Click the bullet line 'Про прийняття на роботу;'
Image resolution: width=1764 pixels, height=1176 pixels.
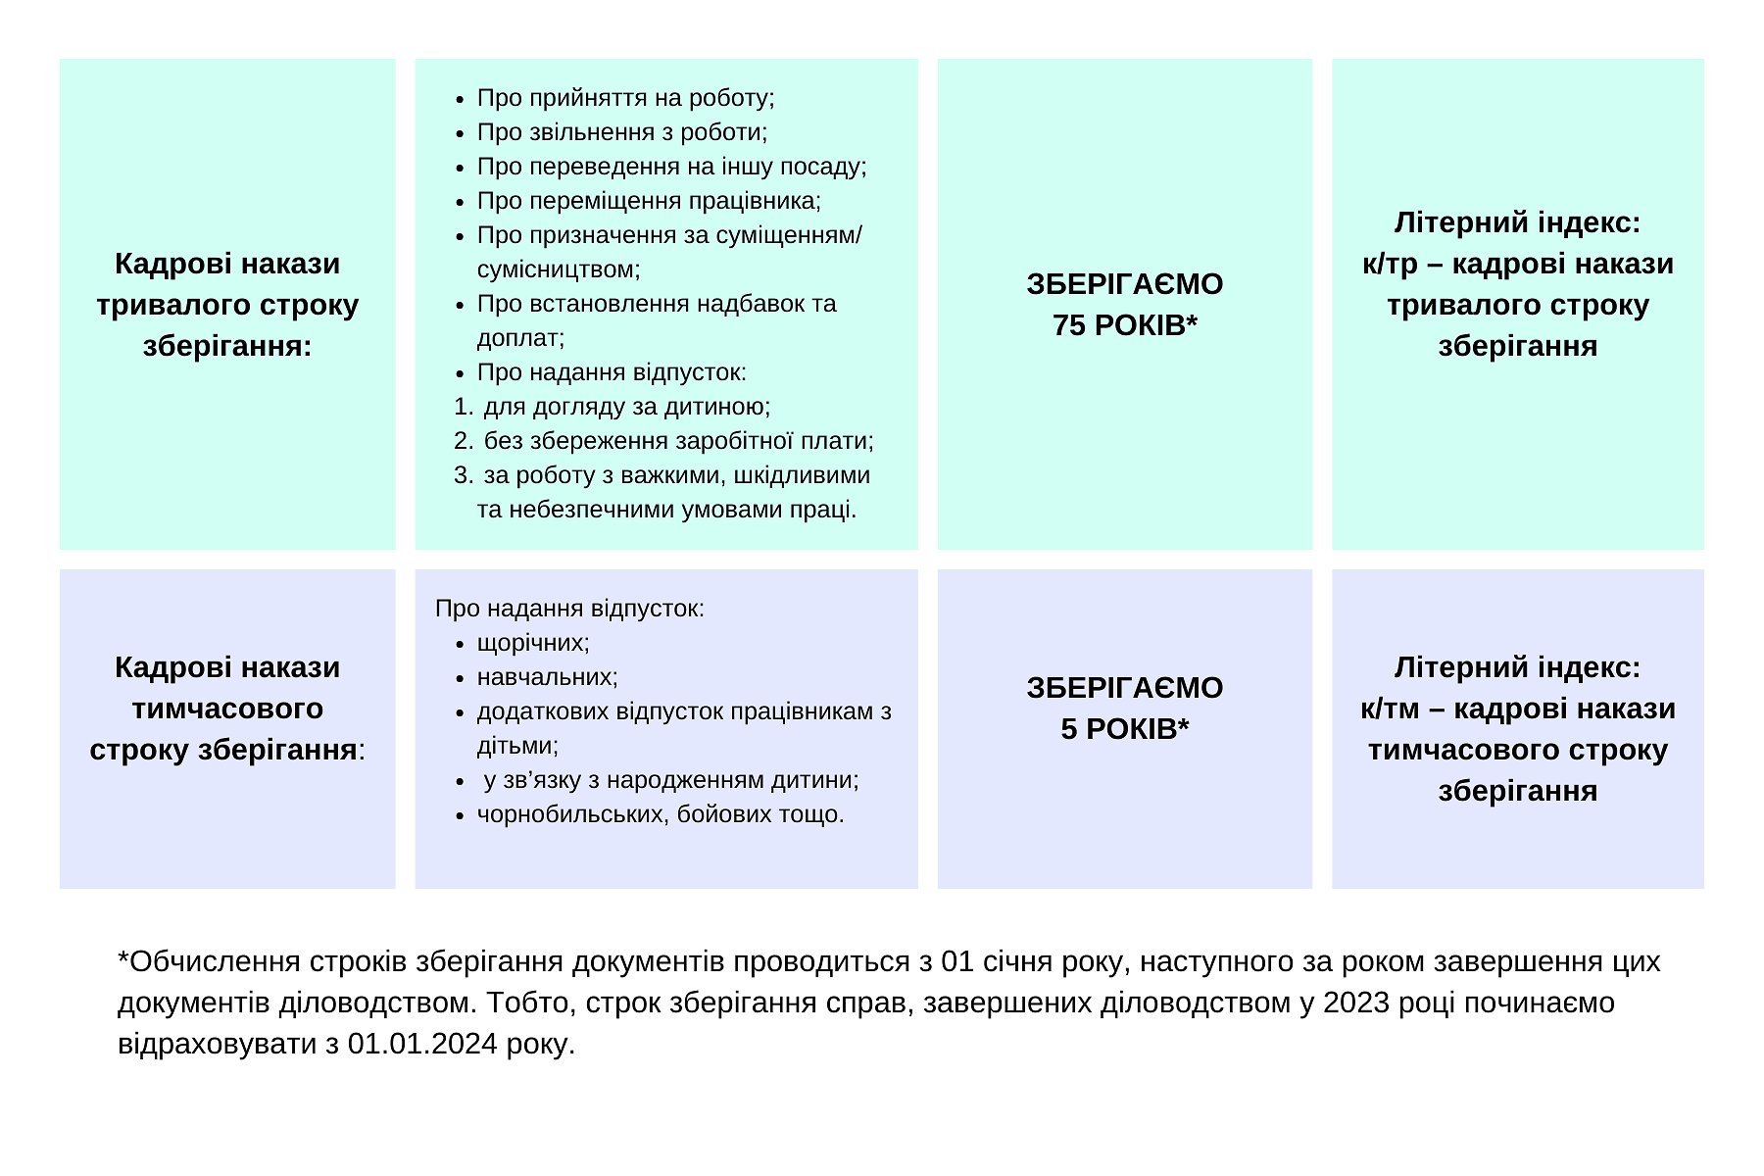(x=625, y=98)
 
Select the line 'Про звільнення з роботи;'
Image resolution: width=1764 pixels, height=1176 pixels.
(x=621, y=132)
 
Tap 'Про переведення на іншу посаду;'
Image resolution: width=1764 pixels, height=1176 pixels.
(x=671, y=167)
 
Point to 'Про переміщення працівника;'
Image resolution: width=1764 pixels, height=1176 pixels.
(x=649, y=201)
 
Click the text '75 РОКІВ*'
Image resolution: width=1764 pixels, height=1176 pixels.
(x=1124, y=325)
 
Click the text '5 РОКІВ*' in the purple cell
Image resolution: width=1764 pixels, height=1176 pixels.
(x=1124, y=729)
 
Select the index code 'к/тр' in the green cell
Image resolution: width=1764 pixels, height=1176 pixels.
(x=1390, y=265)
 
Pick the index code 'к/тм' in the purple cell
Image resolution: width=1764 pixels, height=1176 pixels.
(x=1390, y=709)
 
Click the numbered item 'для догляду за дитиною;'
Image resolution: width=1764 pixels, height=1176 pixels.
(x=626, y=407)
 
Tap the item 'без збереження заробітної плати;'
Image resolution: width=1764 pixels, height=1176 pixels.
(x=678, y=441)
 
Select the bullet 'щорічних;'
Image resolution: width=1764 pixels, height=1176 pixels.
(x=533, y=643)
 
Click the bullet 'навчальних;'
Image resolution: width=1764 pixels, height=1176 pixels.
(x=547, y=677)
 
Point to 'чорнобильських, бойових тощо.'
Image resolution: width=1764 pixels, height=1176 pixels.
(x=661, y=814)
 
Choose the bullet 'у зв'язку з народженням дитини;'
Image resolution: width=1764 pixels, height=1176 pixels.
(x=670, y=780)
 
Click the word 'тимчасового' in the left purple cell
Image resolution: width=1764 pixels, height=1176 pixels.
(x=227, y=709)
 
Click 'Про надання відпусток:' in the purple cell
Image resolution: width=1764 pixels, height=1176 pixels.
(x=569, y=609)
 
